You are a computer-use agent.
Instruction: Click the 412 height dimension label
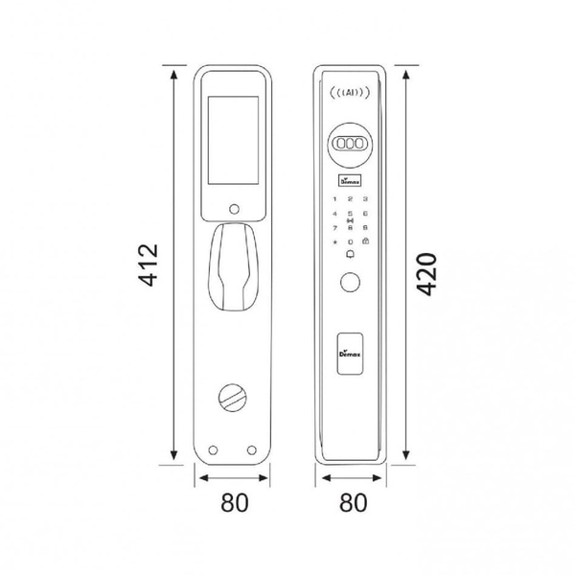click(x=146, y=266)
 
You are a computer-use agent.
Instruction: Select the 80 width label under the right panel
click(x=351, y=502)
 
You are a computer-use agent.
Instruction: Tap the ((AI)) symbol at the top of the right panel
click(x=351, y=94)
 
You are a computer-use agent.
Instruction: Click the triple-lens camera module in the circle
click(x=351, y=142)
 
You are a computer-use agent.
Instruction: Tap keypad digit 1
click(x=334, y=197)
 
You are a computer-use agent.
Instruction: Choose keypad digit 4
click(x=334, y=213)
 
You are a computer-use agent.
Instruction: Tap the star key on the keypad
click(x=334, y=242)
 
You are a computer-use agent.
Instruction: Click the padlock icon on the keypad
click(x=365, y=242)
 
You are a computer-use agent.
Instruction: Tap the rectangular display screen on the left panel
click(x=231, y=138)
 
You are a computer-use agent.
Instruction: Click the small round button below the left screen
click(x=231, y=209)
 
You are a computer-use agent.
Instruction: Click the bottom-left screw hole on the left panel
click(x=212, y=450)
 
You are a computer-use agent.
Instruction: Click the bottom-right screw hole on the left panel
click(x=251, y=450)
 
